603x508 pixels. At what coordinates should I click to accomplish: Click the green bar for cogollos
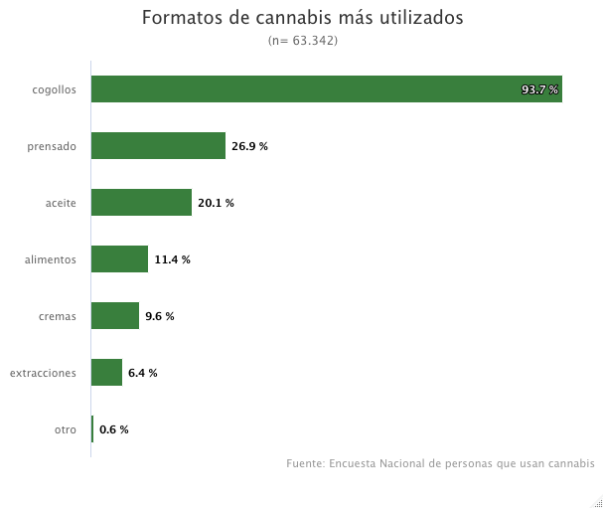pos(327,88)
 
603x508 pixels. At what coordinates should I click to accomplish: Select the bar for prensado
pos(158,145)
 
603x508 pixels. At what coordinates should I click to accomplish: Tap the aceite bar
pos(141,202)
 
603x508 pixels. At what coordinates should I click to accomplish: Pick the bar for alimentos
pos(119,259)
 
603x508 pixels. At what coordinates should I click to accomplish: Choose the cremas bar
pos(115,315)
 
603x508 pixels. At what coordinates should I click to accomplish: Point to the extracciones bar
pos(106,372)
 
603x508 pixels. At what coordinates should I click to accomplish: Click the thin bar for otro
pos(92,428)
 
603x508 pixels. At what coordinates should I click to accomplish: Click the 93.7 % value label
pos(539,89)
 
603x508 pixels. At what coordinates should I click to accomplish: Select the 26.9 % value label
pos(249,146)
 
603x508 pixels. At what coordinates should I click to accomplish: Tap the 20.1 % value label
pos(216,203)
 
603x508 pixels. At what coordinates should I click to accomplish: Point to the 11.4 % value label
pos(172,259)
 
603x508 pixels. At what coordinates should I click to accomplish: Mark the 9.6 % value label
pos(160,316)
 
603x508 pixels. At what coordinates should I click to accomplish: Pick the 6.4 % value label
pos(143,373)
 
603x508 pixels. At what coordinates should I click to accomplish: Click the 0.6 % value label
pos(114,429)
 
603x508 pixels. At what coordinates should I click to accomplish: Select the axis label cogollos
pos(55,90)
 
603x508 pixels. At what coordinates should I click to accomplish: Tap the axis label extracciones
pos(43,373)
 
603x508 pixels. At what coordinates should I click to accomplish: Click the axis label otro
pos(66,429)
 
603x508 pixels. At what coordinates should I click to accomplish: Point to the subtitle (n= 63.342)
pos(303,41)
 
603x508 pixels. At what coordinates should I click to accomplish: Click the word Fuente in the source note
pos(305,463)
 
